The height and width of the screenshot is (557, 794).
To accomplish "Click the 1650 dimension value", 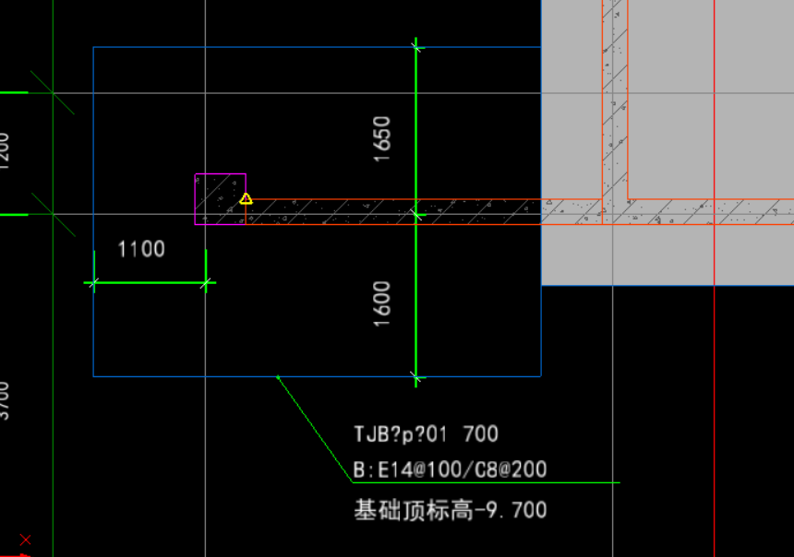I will [382, 139].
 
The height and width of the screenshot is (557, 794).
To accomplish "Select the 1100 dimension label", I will [141, 249].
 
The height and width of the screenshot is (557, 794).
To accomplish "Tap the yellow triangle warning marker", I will [246, 198].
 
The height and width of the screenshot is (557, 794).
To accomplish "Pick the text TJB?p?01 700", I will [426, 433].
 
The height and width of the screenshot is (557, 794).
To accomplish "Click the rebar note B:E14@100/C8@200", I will [450, 469].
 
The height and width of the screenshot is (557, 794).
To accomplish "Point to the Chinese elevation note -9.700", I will [450, 509].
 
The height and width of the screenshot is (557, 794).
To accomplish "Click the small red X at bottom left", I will [25, 539].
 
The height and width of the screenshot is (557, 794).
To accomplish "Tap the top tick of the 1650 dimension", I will [417, 46].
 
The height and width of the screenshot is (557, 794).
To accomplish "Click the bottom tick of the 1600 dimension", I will [417, 376].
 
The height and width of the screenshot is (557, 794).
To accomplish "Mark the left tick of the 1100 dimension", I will [93, 283].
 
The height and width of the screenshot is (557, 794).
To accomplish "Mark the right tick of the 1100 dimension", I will [205, 283].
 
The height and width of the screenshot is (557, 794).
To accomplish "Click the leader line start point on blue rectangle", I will [278, 376].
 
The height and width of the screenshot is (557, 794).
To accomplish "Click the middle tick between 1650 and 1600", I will [417, 215].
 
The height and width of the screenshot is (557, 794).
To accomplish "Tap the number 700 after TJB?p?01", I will [480, 433].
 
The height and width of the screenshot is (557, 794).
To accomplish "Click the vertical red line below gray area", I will [714, 415].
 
